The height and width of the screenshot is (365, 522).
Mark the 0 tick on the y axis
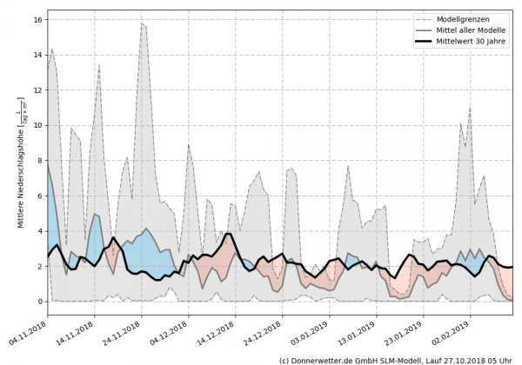point(40,302)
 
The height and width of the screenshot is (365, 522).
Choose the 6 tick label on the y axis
point(40,196)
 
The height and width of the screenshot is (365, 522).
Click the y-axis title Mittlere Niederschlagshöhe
point(19,161)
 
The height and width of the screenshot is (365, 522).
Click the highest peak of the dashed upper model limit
point(142,23)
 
